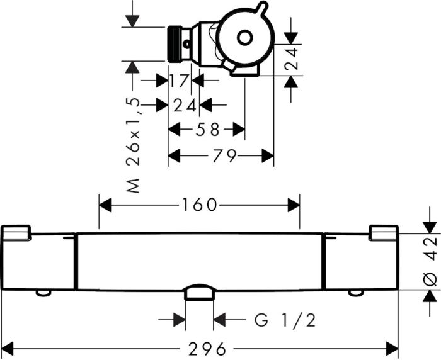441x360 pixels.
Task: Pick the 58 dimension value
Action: click(x=205, y=130)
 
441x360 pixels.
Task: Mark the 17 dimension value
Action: click(x=180, y=81)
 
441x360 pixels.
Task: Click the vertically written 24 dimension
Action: click(x=291, y=60)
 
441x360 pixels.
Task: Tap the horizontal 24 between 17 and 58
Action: click(x=185, y=105)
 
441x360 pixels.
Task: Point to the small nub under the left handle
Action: click(x=43, y=292)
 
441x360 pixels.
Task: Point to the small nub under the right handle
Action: click(x=357, y=292)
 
